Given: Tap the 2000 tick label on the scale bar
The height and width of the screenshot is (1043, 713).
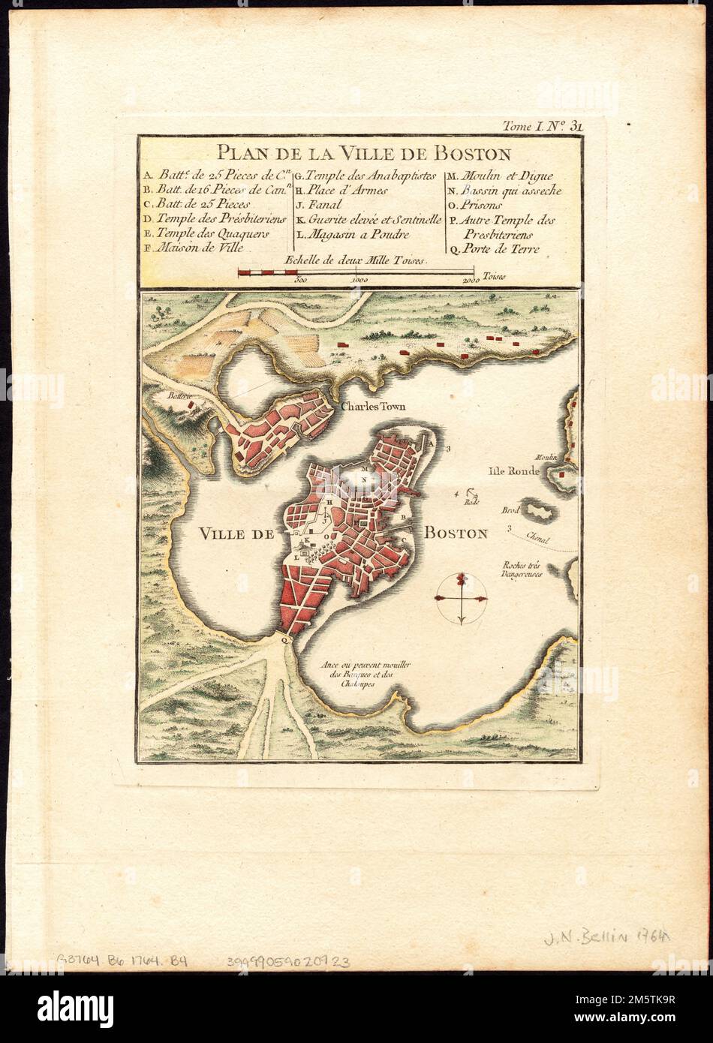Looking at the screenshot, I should (471, 280).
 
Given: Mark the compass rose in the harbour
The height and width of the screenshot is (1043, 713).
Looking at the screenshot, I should (461, 598).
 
